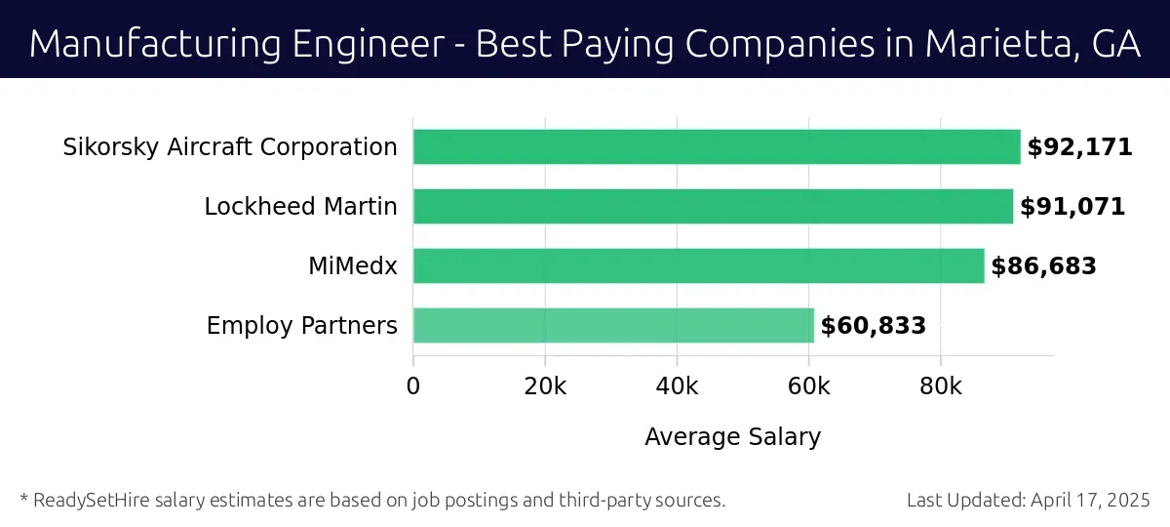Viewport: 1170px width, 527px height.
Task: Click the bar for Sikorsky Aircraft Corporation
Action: pos(717,147)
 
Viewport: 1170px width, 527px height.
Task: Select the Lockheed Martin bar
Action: pos(713,207)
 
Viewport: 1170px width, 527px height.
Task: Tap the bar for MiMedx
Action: pos(698,266)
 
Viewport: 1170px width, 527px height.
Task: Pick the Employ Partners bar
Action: pos(613,326)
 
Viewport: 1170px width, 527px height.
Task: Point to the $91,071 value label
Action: pos(1072,208)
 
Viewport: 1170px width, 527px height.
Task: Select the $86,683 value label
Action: pos(1043,267)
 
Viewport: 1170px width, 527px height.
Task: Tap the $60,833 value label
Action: pos(873,327)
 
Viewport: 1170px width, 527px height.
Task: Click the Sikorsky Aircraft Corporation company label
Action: pos(230,147)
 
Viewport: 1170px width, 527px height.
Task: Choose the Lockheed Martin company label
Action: pos(300,207)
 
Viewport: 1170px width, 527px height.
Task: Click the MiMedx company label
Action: pos(353,266)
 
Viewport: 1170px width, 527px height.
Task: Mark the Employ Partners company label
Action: pos(301,326)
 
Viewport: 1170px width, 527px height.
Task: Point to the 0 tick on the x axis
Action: pos(413,385)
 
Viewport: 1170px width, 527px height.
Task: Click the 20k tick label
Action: pos(545,385)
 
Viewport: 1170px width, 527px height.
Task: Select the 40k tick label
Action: pos(677,385)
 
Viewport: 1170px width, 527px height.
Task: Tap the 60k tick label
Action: pos(808,385)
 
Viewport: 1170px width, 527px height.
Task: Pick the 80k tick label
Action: pos(940,385)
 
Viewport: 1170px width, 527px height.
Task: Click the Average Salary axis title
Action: pos(732,437)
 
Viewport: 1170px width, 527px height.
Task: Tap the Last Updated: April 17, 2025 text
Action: pos(1029,501)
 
